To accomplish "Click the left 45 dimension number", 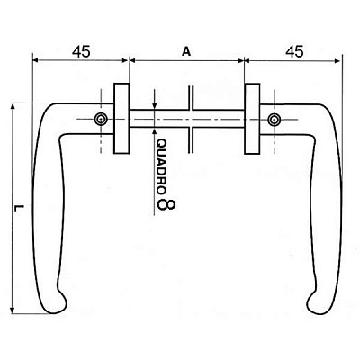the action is coord(81,52).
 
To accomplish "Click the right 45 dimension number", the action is coord(294,51).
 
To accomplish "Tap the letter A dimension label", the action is coord(186,52).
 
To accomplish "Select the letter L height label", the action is coord(20,209).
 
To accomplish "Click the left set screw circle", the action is coord(101,120).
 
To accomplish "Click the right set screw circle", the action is coord(274,120).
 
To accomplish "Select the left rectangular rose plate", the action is coord(121,119).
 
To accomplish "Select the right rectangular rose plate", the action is coord(252,119).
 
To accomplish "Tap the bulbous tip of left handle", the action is coord(57,303).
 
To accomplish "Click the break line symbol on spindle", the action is coord(191,120).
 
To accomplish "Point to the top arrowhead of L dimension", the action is coord(13,107).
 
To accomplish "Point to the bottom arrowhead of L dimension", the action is coord(13,310).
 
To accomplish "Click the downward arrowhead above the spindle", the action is coord(155,106).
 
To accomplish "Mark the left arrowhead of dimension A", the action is coord(133,60).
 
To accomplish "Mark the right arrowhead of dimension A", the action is coord(240,60).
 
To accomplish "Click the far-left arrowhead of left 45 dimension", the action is coord(36,60).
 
